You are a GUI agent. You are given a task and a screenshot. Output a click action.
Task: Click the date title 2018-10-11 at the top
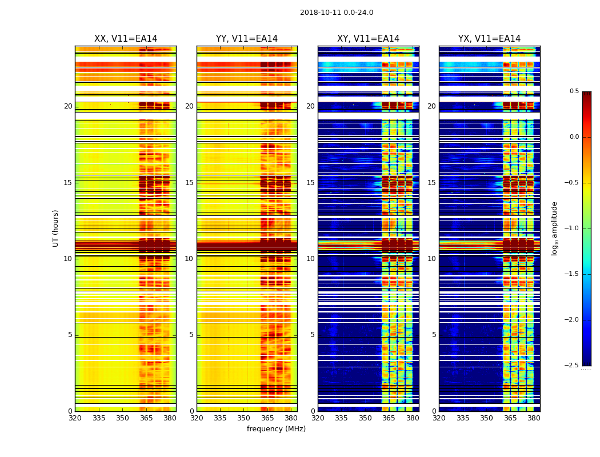click(337, 13)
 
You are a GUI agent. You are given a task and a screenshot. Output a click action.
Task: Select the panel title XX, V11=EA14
click(126, 39)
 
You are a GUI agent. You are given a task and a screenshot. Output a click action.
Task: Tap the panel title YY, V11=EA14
click(247, 39)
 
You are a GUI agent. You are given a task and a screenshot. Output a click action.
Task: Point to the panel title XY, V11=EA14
click(368, 39)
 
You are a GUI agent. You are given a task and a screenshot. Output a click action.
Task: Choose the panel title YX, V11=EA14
click(489, 39)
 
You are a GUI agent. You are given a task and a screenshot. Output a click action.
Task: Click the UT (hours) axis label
click(56, 228)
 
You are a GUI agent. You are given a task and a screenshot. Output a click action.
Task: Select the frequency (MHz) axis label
click(276, 429)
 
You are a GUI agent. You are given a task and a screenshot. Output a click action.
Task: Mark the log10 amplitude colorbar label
click(554, 228)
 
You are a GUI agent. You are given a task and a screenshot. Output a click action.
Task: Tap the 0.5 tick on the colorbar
click(574, 91)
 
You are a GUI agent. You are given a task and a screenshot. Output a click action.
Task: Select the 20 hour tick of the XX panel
click(68, 106)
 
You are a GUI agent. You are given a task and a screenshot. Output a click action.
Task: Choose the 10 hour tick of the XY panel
click(310, 259)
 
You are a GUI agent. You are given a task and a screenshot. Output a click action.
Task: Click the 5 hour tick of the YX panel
click(434, 335)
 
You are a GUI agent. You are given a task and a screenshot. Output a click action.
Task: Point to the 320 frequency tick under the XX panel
click(75, 418)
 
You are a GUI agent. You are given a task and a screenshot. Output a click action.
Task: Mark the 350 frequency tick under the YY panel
click(244, 418)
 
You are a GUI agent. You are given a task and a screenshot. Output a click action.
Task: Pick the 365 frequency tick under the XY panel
click(389, 418)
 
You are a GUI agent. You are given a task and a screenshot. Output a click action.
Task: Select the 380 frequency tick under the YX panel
click(534, 418)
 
